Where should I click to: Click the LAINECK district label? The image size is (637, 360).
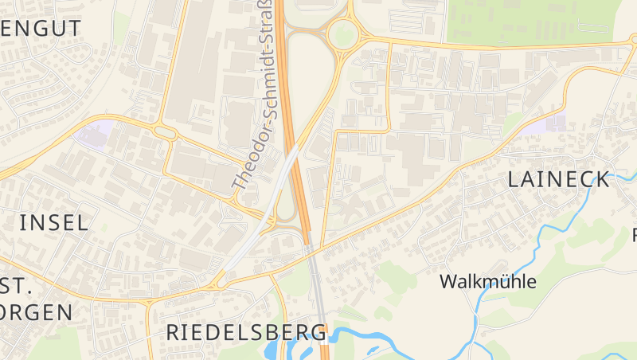[559, 180]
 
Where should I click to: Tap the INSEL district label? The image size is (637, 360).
[54, 222]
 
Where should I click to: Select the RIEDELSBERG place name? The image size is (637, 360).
[247, 332]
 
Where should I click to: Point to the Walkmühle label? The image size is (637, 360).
[488, 282]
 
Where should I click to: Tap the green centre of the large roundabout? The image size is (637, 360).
[342, 35]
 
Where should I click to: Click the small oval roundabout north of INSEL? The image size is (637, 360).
[165, 133]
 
